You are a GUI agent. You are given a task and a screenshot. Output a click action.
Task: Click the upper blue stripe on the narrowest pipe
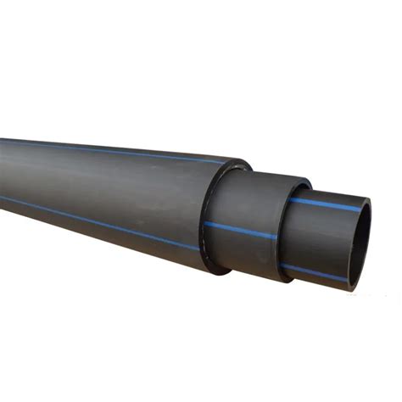(x=327, y=204)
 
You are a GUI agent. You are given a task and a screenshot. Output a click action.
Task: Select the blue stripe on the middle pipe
(x=242, y=230)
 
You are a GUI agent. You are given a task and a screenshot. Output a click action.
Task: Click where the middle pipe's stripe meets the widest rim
(x=207, y=224)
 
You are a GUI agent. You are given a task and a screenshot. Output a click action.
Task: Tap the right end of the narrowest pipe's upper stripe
(x=360, y=208)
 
